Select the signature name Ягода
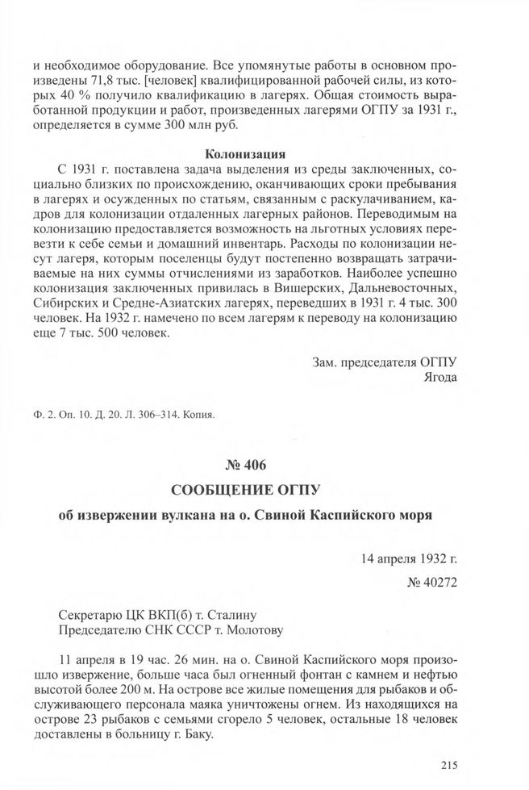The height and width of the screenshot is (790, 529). click(439, 376)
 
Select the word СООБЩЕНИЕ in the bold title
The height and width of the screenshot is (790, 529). click(210, 490)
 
